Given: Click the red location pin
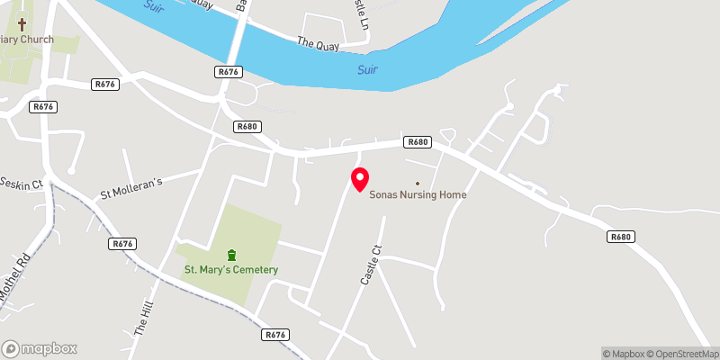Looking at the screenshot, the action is click(x=360, y=178).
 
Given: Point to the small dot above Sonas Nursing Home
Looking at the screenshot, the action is click(x=417, y=183).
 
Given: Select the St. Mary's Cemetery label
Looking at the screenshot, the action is click(x=231, y=270).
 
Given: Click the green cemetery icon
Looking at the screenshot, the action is click(x=231, y=254).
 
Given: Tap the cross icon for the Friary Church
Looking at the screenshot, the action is click(x=22, y=25).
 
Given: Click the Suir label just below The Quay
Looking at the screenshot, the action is click(x=366, y=69).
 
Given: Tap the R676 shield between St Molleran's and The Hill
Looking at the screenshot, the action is click(x=123, y=244).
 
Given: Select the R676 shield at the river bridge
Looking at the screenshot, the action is click(x=229, y=71).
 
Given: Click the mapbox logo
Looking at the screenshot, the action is click(x=40, y=348).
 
